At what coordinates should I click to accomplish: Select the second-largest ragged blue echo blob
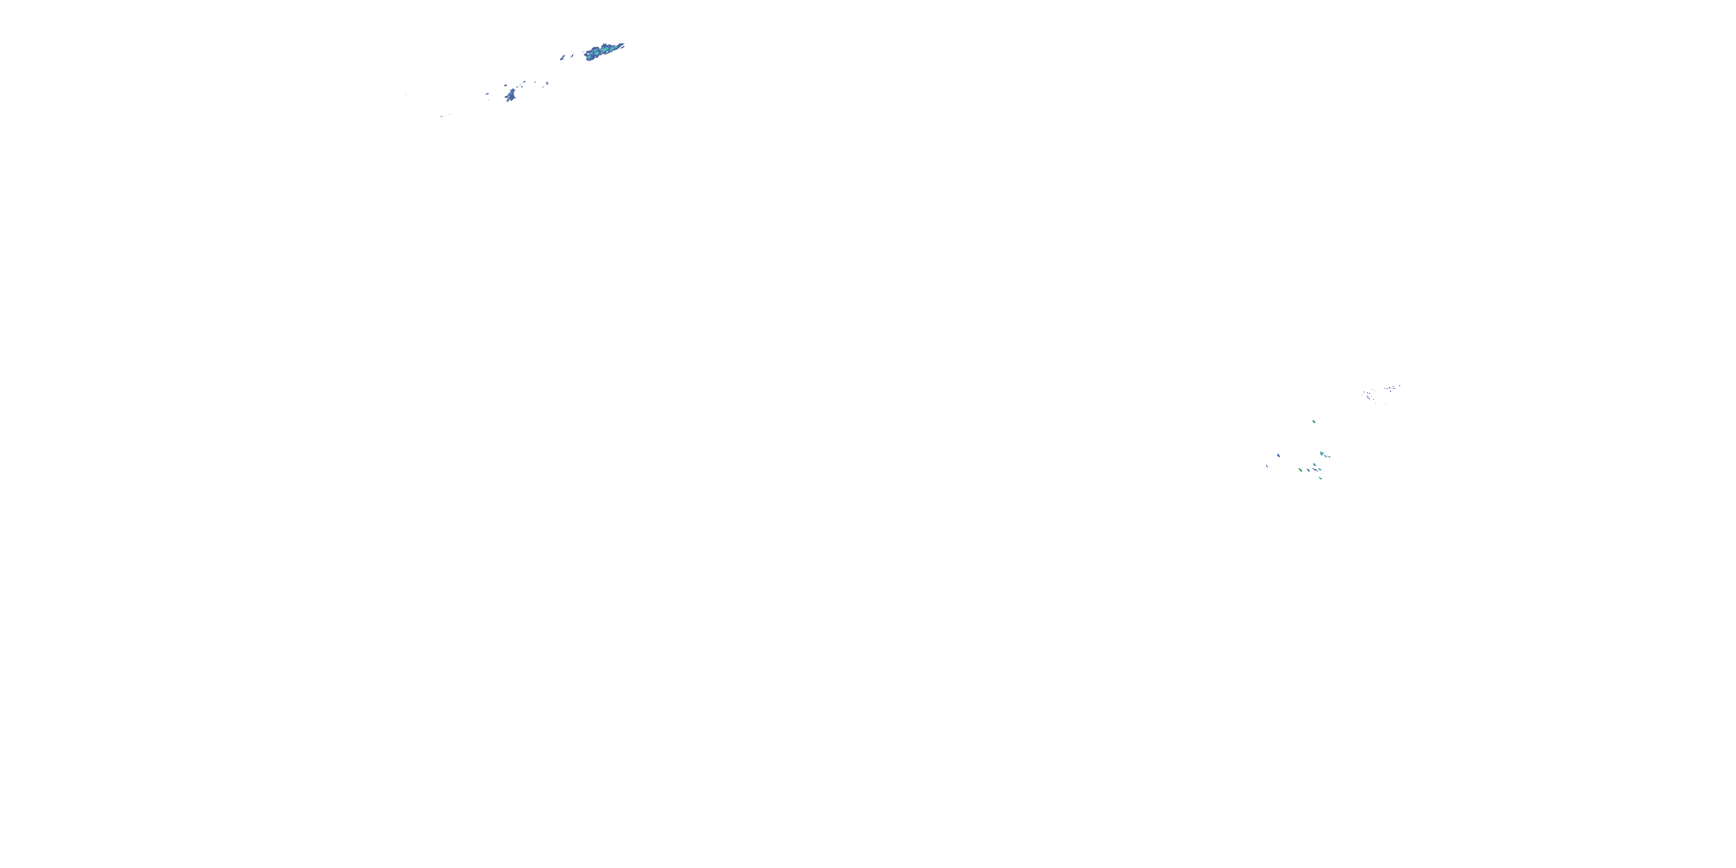(512, 97)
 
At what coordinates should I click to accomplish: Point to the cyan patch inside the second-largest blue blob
(510, 94)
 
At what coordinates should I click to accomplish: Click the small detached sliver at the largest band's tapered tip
(622, 47)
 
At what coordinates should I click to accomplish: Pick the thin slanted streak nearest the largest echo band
(572, 56)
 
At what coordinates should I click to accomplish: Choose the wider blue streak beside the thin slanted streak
(562, 58)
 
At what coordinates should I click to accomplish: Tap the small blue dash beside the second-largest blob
(487, 94)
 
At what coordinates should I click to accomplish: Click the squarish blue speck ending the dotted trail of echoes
(547, 83)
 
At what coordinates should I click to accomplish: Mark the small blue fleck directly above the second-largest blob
(505, 86)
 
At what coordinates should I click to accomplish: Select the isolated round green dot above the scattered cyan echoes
(1314, 422)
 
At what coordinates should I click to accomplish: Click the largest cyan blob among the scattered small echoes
(1322, 454)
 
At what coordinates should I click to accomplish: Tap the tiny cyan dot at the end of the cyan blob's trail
(1330, 458)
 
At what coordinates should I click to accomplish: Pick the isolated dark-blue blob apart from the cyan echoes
(1278, 455)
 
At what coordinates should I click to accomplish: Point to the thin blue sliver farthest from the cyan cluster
(1267, 466)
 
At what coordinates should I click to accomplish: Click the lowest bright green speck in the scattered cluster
(1320, 479)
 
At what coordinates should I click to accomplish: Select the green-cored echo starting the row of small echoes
(1301, 470)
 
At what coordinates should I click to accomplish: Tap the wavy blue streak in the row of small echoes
(1315, 470)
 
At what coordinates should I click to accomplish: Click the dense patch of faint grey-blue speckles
(1368, 396)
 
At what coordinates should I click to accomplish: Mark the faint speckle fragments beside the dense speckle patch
(1392, 388)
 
